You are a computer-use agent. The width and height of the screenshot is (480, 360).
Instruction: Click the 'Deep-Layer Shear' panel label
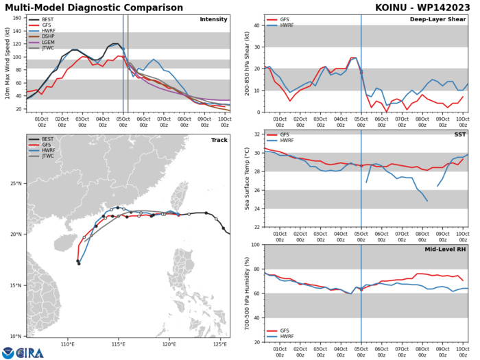[x=442, y=20]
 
